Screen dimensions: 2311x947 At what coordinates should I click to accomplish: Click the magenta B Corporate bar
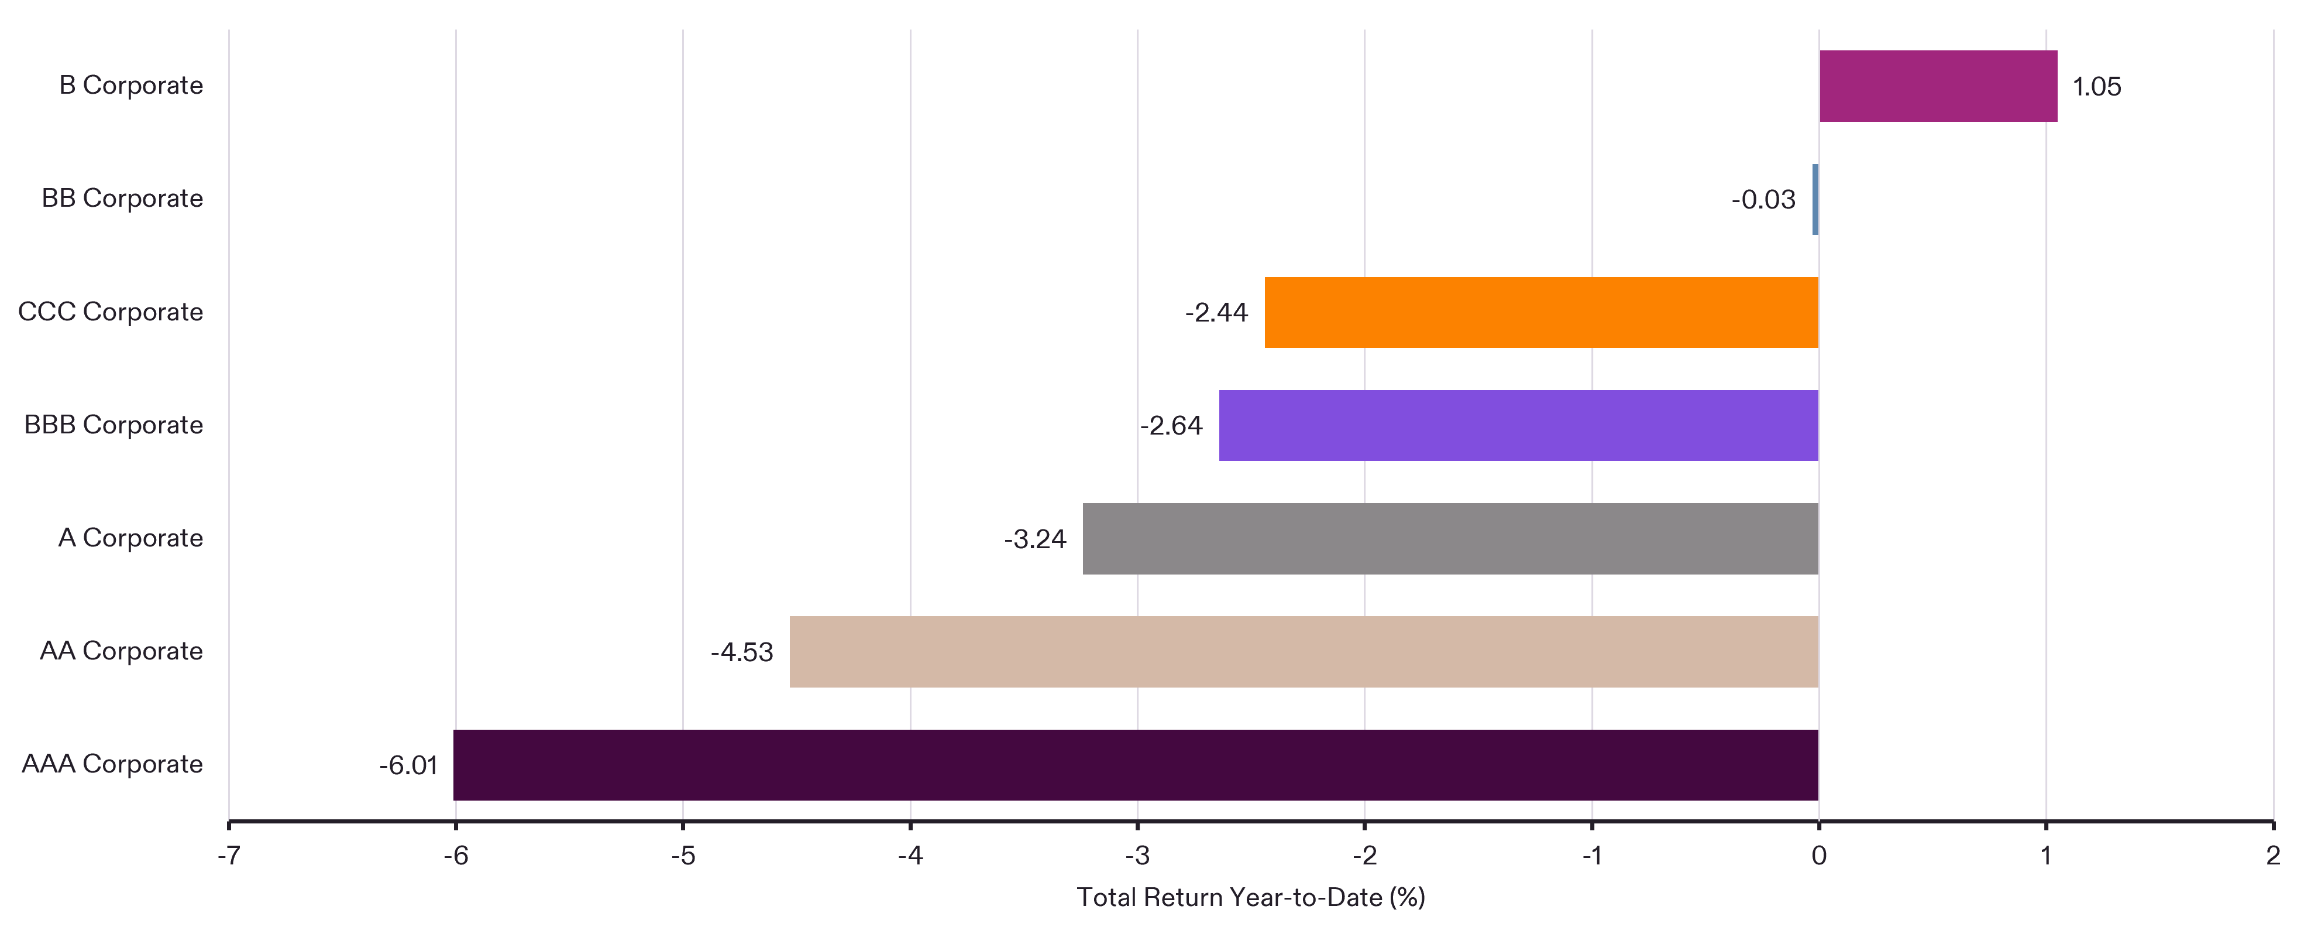click(1938, 86)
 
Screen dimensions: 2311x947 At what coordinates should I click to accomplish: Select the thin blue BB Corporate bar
click(1815, 199)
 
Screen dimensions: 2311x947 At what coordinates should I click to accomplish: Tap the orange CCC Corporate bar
click(1541, 312)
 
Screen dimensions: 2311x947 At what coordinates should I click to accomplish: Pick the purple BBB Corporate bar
click(1519, 426)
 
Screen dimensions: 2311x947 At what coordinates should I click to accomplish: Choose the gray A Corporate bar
click(1450, 539)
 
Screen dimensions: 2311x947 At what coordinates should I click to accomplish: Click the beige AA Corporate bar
click(1304, 652)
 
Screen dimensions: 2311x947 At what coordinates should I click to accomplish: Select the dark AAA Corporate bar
click(1136, 765)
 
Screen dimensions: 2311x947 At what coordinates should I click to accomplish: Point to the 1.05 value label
click(2097, 87)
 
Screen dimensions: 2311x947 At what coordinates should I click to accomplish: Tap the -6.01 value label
click(408, 765)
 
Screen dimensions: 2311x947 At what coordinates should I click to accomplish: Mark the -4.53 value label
click(741, 652)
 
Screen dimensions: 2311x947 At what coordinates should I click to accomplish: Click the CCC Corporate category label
click(111, 312)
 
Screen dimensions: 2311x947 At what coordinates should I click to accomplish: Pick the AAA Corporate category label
click(112, 764)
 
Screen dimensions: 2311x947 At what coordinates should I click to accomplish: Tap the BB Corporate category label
click(122, 199)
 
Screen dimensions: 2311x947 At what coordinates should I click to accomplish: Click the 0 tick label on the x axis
click(1818, 856)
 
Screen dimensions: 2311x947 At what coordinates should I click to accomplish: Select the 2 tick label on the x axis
click(2272, 856)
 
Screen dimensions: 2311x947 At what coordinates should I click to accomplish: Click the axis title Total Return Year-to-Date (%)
click(1251, 898)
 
